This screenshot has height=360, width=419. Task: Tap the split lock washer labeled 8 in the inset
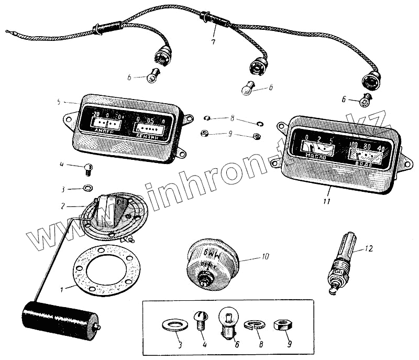tap(255, 325)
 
